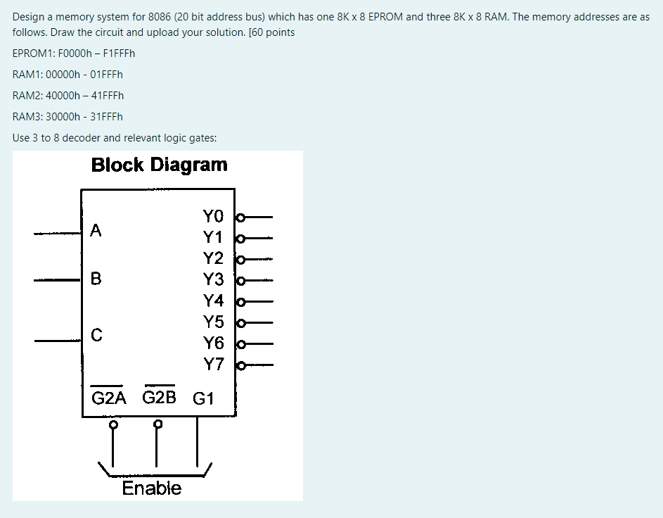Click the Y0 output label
pos(213,215)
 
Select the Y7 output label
pos(213,365)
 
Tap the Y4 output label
pos(213,301)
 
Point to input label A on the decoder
pos(96,230)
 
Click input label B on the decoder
pos(96,279)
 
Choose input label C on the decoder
pos(96,335)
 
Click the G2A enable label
pos(109,398)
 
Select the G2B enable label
pos(160,398)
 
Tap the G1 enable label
pos(203,399)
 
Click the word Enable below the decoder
pos(151,488)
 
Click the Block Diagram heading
pos(160,165)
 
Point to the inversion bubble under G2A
pos(112,424)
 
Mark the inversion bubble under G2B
pos(159,424)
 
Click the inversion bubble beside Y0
pos(240,216)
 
